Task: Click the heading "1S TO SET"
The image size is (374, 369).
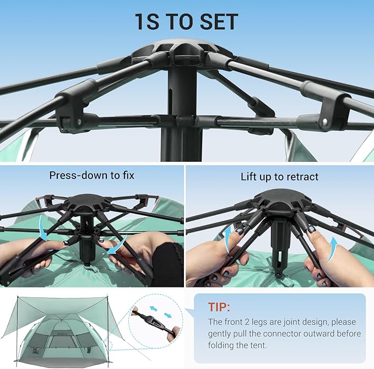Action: coord(187,21)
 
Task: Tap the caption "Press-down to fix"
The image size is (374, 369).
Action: coord(91,176)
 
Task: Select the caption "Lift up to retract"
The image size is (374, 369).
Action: coord(280,177)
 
